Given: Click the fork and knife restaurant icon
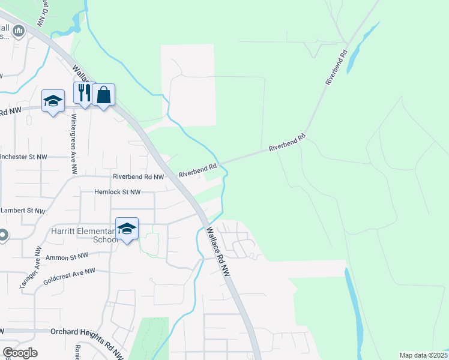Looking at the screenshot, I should tap(83, 94).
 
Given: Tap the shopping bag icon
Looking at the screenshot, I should tap(103, 95).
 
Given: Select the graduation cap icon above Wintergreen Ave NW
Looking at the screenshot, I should tap(53, 101).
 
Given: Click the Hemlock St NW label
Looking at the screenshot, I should tap(117, 193).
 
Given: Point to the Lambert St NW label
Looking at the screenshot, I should tap(24, 211).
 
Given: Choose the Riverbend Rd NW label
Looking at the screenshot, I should tap(138, 177).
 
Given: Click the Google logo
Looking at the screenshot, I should tap(20, 353).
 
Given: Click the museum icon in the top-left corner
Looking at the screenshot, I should tap(18, 30).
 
